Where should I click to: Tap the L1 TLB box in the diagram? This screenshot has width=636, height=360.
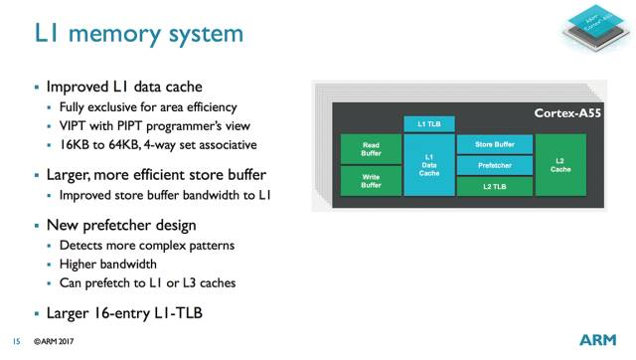[429, 123]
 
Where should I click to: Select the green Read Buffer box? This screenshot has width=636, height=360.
[370, 148]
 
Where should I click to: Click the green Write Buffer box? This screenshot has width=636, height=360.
[370, 181]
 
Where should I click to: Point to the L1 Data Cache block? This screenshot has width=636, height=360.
[429, 164]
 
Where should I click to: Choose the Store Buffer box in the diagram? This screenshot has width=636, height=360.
[494, 145]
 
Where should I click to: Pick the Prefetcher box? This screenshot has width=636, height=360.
[494, 165]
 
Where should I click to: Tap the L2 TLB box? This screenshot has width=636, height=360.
[494, 185]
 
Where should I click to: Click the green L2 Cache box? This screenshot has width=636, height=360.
[559, 164]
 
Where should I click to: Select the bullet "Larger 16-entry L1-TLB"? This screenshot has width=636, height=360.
[123, 314]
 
